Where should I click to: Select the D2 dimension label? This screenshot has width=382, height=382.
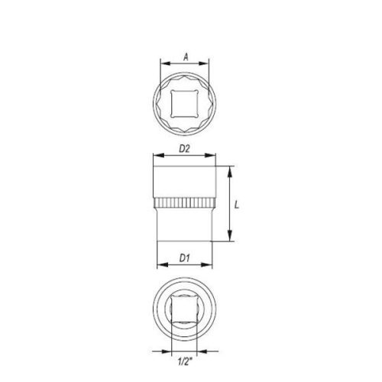coord(184,149)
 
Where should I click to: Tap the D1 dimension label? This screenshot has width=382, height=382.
coord(184,257)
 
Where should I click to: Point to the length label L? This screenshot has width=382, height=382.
coord(238,206)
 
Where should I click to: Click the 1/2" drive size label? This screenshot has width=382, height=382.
coord(184,362)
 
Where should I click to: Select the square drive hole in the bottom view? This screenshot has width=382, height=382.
coord(184,311)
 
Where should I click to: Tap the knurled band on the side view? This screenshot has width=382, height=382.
coord(184,203)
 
